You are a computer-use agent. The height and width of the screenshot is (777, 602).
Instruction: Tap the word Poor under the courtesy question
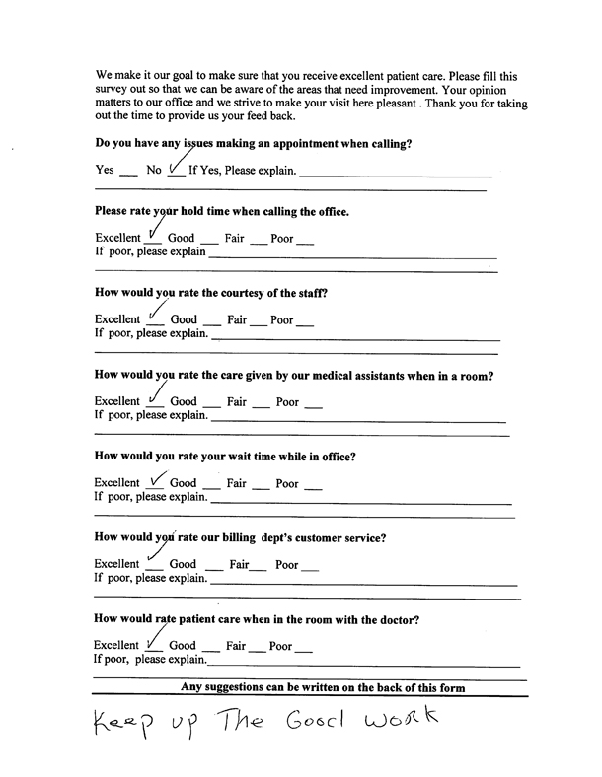click(x=282, y=319)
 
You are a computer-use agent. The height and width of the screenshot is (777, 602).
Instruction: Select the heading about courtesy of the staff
click(x=210, y=293)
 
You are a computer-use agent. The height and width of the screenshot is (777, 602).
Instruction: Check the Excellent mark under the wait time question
click(x=155, y=481)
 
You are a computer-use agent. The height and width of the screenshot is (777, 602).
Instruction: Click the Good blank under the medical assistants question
click(x=209, y=405)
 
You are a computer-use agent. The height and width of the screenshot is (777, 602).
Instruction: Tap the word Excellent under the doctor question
click(x=116, y=647)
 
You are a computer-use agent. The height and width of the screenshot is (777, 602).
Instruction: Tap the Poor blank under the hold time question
click(x=305, y=241)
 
